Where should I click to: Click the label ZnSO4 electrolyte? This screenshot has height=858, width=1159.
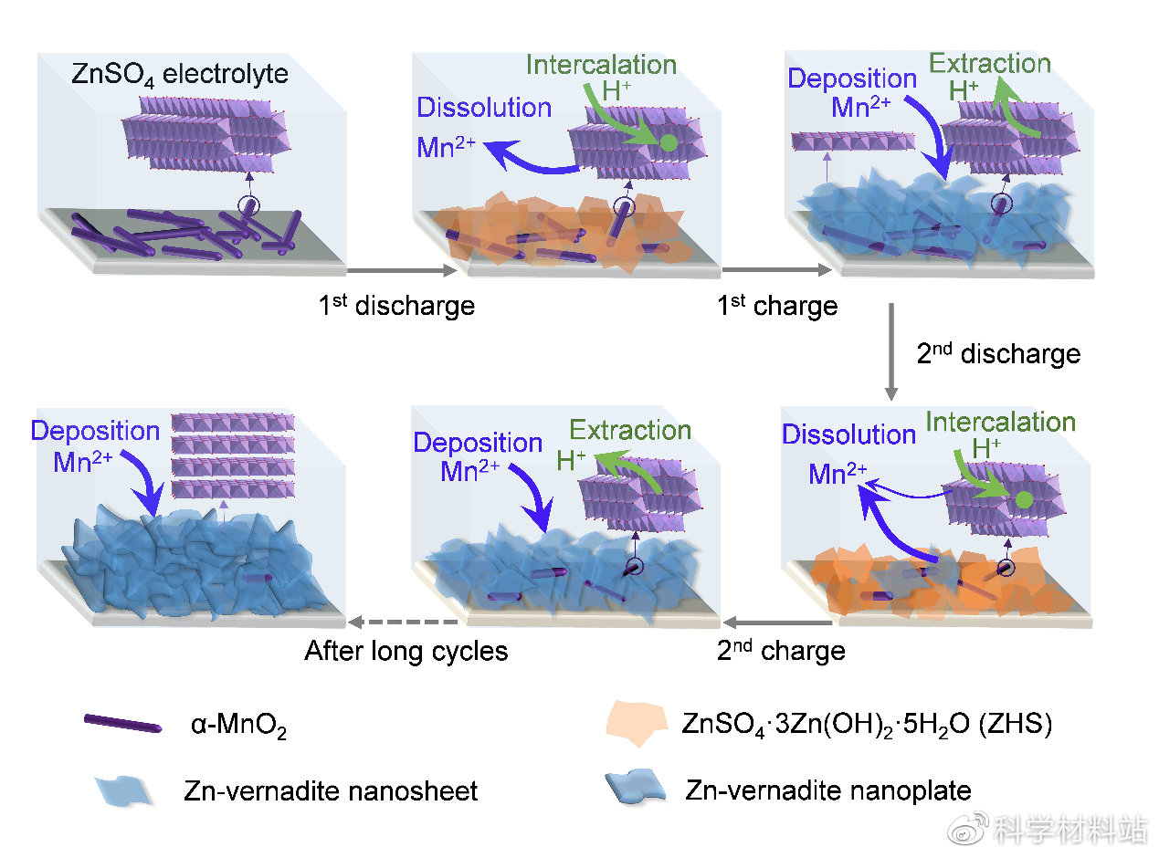tap(179, 74)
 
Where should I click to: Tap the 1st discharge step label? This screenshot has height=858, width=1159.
tap(396, 305)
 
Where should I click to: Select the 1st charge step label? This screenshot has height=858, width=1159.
tap(776, 305)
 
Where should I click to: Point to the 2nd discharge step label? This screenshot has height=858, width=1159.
tap(998, 353)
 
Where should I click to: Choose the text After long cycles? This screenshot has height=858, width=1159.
tap(406, 651)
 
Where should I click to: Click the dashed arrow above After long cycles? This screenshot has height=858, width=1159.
tap(402, 623)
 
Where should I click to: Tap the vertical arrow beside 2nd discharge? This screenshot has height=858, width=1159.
tap(891, 351)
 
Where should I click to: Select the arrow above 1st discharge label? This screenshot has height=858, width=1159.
tap(402, 271)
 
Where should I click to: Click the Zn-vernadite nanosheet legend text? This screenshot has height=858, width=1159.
tap(330, 790)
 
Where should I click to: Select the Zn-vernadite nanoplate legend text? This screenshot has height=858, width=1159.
tap(828, 790)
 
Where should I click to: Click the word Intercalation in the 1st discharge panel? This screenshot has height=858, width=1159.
tap(601, 65)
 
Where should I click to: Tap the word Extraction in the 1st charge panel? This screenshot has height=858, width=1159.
tap(989, 64)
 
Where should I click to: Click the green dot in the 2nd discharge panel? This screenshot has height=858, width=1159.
tap(1024, 499)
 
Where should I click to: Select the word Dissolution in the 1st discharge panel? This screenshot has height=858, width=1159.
tap(484, 108)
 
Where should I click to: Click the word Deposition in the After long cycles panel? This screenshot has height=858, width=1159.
tap(95, 430)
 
